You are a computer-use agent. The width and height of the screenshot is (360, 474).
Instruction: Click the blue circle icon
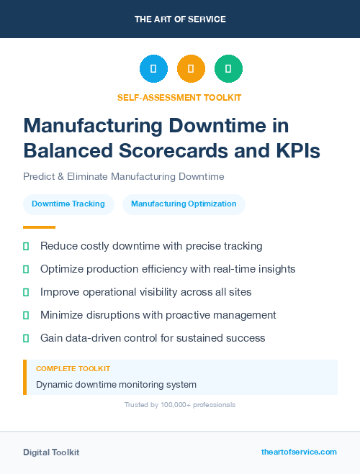(153, 69)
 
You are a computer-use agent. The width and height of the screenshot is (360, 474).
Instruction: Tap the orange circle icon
(191, 69)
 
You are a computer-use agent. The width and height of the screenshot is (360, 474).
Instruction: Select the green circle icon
(228, 69)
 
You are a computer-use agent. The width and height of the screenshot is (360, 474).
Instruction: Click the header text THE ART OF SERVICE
(179, 19)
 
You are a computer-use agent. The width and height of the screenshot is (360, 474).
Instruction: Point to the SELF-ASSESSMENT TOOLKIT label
(179, 97)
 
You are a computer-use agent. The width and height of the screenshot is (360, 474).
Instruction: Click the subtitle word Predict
(40, 176)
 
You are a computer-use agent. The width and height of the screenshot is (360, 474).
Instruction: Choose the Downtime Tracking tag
(68, 204)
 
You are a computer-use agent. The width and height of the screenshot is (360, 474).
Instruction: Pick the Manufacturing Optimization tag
(184, 204)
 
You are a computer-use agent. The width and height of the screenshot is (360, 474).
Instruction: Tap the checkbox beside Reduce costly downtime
(26, 246)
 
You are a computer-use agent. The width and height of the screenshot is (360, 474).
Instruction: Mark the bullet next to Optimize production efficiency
(26, 269)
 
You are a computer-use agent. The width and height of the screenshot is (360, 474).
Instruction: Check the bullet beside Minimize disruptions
(26, 315)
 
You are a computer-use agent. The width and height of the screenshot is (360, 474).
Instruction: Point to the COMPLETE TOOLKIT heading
(73, 368)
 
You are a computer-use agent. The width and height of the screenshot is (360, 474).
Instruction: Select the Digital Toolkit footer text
(51, 452)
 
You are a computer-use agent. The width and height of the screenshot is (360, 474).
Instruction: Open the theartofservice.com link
(299, 452)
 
